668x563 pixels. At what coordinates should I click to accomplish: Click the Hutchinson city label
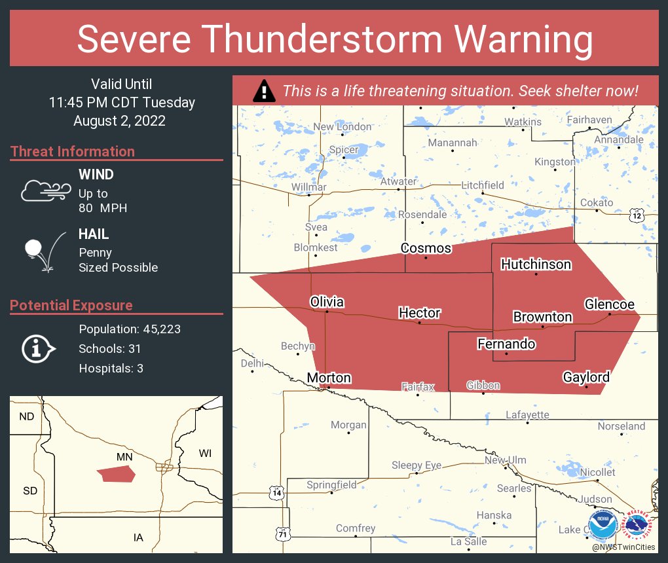536,264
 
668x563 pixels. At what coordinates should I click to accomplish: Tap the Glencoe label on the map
609,304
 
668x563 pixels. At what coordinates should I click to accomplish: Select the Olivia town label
326,302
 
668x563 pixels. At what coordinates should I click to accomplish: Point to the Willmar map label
308,187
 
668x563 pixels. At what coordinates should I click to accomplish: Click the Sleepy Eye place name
416,465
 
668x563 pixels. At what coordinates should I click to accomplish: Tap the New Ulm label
505,460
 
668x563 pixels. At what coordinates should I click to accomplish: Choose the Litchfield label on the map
482,185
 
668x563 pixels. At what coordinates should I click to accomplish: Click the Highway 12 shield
637,215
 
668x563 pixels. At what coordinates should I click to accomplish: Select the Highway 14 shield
278,491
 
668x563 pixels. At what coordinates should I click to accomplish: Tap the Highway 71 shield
282,535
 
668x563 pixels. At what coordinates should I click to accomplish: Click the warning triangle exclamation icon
264,91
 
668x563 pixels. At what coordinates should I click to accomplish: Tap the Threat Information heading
73,151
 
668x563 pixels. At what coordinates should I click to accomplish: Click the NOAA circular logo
603,524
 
